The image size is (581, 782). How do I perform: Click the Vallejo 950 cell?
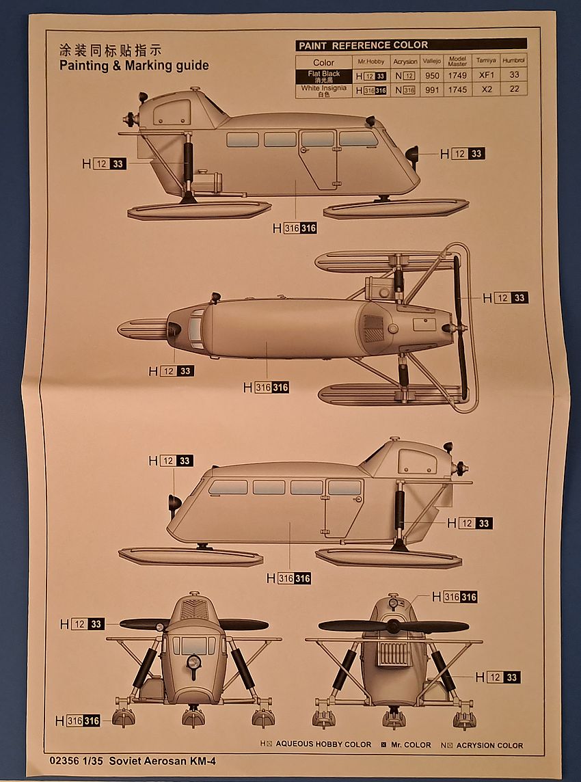click(x=431, y=76)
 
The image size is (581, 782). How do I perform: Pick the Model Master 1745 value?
click(x=457, y=90)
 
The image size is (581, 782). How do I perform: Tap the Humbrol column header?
click(x=514, y=61)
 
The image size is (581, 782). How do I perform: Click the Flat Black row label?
click(x=324, y=76)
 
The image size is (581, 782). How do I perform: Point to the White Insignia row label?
click(x=324, y=90)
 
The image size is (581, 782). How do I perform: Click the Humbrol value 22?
click(x=514, y=90)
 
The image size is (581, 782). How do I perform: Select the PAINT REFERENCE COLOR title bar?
click(x=411, y=45)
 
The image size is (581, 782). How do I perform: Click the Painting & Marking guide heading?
click(x=134, y=66)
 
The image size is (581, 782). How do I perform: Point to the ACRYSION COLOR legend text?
click(x=489, y=745)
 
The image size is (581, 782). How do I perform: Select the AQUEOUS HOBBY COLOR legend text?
click(x=323, y=745)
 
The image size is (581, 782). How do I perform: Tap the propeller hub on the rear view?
click(x=393, y=626)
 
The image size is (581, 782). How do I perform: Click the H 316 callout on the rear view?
click(x=460, y=597)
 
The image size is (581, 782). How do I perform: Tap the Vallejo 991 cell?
click(x=431, y=90)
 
